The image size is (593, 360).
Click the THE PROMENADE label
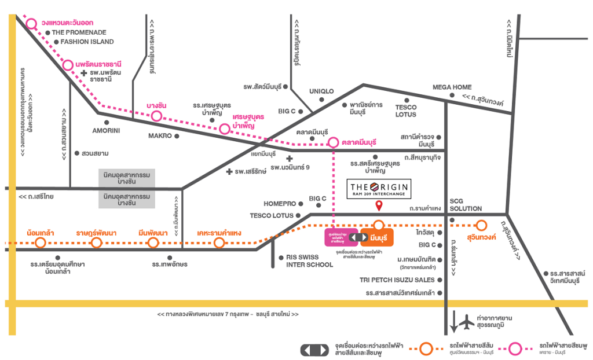(x=79, y=32)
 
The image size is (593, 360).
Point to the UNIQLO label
(x=321, y=91)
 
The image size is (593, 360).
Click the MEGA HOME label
(x=452, y=87)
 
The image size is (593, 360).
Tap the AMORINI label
(x=106, y=131)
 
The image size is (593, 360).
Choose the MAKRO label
(x=160, y=136)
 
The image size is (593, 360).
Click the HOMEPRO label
(x=280, y=204)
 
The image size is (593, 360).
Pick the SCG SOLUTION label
(x=466, y=204)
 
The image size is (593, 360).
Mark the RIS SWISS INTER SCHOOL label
(x=310, y=261)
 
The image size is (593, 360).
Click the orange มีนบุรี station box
(x=377, y=237)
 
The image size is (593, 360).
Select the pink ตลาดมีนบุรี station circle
(x=333, y=142)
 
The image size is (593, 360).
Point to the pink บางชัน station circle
(x=156, y=116)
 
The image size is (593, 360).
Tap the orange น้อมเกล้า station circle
(x=41, y=243)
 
